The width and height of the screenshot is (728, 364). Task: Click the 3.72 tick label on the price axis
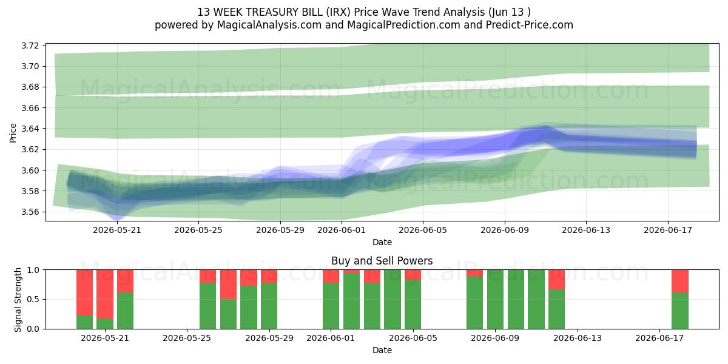[30, 45]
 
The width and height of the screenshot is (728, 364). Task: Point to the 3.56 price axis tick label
[30, 212]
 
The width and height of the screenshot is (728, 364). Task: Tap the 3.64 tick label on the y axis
[30, 129]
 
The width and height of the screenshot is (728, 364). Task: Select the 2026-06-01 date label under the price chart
[341, 230]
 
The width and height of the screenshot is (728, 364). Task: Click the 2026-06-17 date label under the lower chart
[659, 338]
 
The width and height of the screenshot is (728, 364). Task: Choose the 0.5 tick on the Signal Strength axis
[33, 299]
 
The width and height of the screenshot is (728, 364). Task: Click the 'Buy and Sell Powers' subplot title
[382, 261]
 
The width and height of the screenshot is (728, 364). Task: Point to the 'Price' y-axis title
[13, 133]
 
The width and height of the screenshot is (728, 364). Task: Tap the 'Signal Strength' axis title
[18, 300]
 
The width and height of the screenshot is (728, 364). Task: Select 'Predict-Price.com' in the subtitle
[530, 25]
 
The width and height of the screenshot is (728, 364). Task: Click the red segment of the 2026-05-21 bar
[105, 294]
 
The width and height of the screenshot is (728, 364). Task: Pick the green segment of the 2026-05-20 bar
[84, 322]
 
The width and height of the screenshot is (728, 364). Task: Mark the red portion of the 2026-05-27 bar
[229, 285]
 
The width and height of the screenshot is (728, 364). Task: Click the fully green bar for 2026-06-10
[516, 299]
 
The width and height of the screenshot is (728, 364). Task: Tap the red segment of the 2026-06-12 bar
[557, 280]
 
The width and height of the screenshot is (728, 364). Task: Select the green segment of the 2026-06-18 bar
[680, 311]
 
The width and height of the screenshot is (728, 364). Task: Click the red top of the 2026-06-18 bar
[680, 281]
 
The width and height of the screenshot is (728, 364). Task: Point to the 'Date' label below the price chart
[382, 242]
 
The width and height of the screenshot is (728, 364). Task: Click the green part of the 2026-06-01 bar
[331, 306]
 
